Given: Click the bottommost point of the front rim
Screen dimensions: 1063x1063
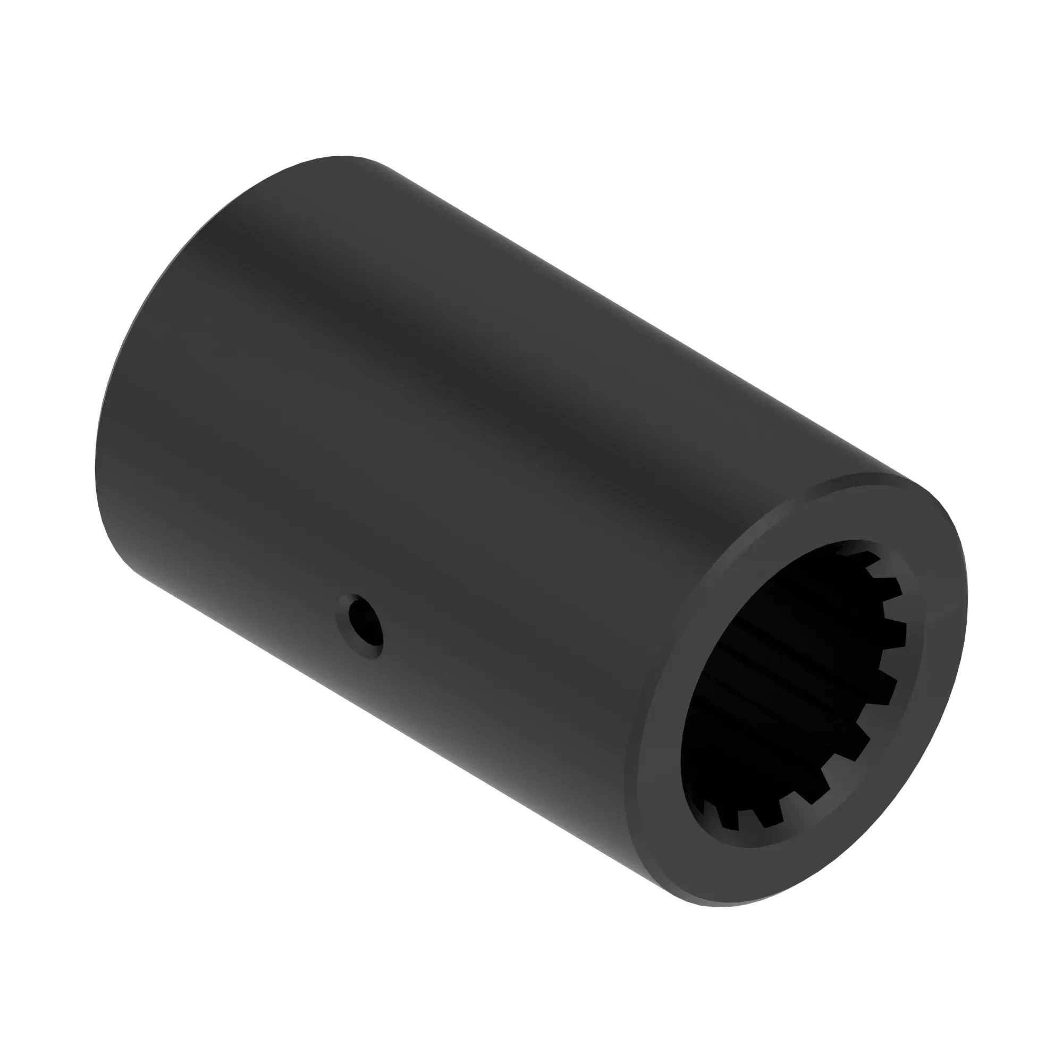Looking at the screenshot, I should point(715,906).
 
